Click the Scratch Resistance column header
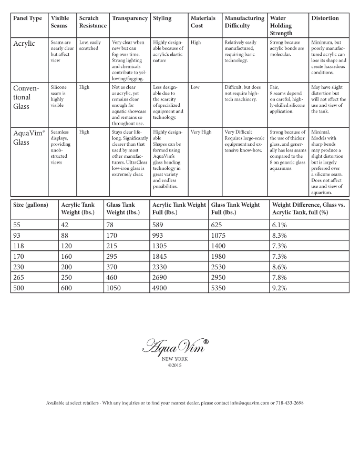pyautogui.click(x=92, y=22)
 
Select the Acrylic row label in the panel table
pyautogui.click(x=24, y=44)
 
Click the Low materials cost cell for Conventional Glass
pyautogui.click(x=196, y=87)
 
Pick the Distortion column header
pyautogui.click(x=325, y=18)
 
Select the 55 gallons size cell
pyautogui.click(x=17, y=225)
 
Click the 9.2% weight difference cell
pyautogui.click(x=280, y=288)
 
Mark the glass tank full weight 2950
pyautogui.click(x=220, y=277)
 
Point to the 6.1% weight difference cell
pyautogui.click(x=280, y=225)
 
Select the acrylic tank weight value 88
pyautogui.click(x=66, y=235)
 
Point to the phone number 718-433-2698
pyautogui.click(x=287, y=403)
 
